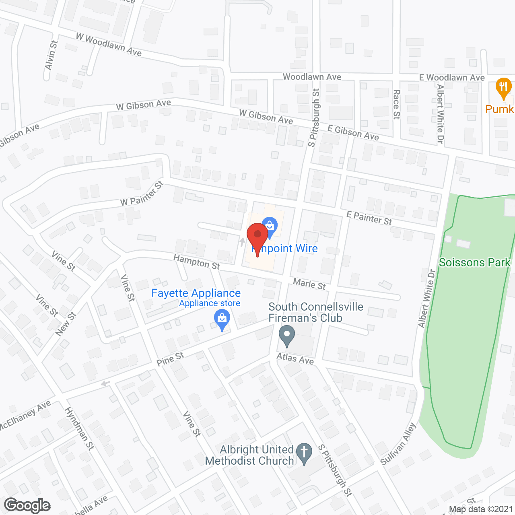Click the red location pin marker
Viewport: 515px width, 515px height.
[x=257, y=237]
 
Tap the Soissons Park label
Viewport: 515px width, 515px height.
[x=474, y=263]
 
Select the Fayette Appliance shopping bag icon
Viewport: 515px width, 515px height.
[x=222, y=321]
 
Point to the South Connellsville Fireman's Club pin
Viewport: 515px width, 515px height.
[x=287, y=336]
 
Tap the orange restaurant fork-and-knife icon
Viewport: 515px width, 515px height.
[x=503, y=88]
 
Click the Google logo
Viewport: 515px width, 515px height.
[x=27, y=505]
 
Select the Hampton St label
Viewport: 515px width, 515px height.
[x=197, y=262]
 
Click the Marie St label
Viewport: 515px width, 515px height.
[x=309, y=284]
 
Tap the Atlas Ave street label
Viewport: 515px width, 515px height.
[x=295, y=358]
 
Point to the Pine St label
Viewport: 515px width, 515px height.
[x=170, y=359]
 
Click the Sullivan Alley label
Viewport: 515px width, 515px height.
[x=398, y=444]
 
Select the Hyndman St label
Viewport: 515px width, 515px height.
[x=79, y=428]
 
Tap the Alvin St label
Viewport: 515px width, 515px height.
[x=51, y=55]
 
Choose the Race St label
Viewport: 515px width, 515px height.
[x=396, y=104]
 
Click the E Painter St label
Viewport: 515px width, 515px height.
[x=369, y=218]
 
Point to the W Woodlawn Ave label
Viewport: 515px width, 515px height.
[x=109, y=44]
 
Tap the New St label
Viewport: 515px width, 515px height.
[x=66, y=324]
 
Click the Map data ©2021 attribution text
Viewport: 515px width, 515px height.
[x=481, y=509]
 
